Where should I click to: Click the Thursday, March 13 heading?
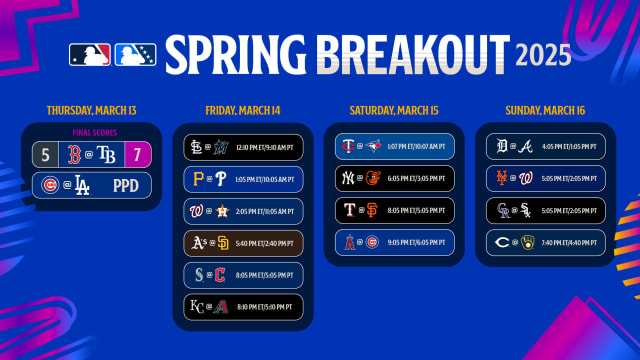[92, 108]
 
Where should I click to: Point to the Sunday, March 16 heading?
[542, 108]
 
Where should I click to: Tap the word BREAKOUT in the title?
[405, 52]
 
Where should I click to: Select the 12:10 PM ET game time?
[261, 149]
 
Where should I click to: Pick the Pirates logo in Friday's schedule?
[196, 181]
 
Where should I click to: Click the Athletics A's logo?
[196, 242]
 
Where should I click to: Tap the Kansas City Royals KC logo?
[196, 305]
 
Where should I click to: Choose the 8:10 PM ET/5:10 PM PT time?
[261, 305]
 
